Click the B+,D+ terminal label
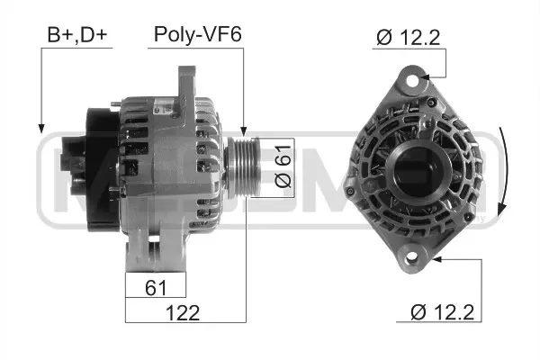78,35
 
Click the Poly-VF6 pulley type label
197,35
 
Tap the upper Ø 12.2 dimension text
410,37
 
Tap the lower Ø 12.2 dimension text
442,312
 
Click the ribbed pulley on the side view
242,166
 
